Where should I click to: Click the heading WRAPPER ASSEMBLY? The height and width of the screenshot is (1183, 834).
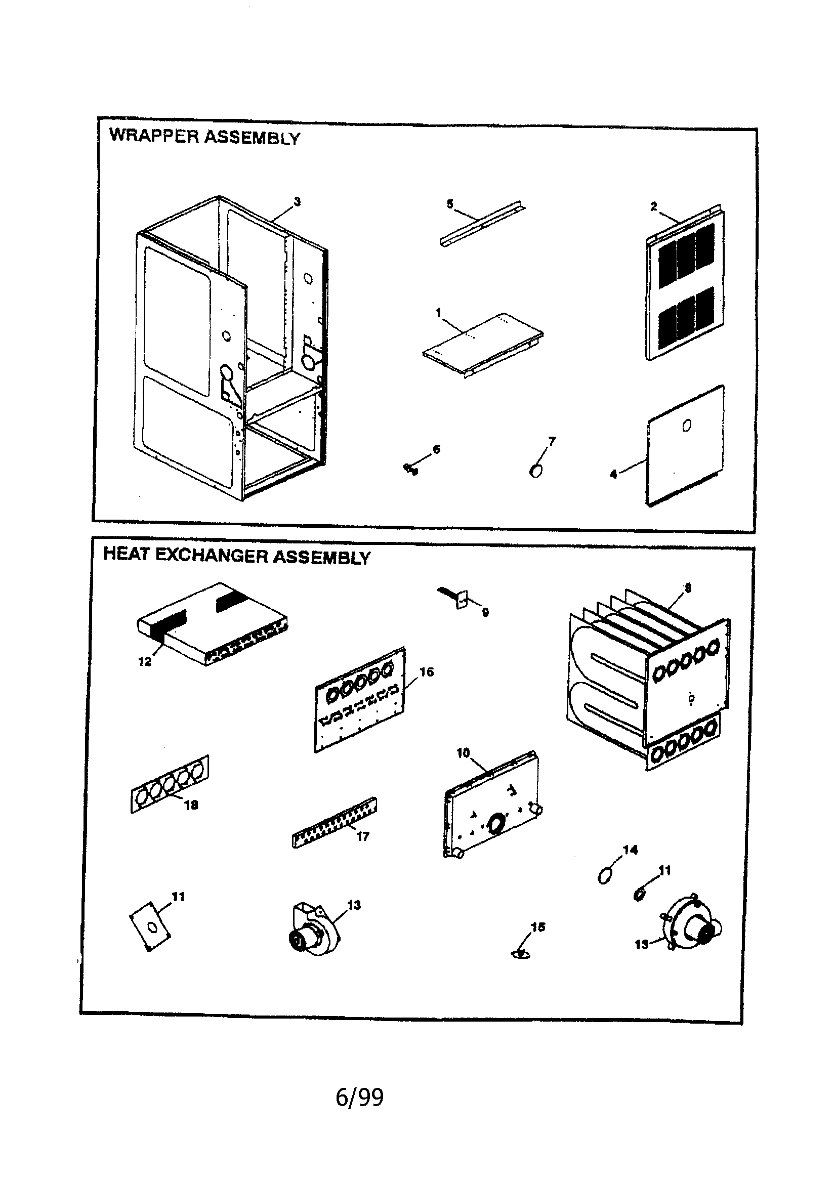(x=204, y=137)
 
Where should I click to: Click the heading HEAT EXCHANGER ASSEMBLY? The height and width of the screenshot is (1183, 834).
(x=237, y=557)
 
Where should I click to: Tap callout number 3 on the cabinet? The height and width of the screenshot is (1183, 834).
(x=298, y=202)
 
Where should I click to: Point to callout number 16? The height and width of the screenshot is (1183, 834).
(x=427, y=671)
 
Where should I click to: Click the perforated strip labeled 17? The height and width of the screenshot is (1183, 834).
(x=334, y=822)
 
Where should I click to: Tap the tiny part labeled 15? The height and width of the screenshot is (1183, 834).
(x=521, y=954)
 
